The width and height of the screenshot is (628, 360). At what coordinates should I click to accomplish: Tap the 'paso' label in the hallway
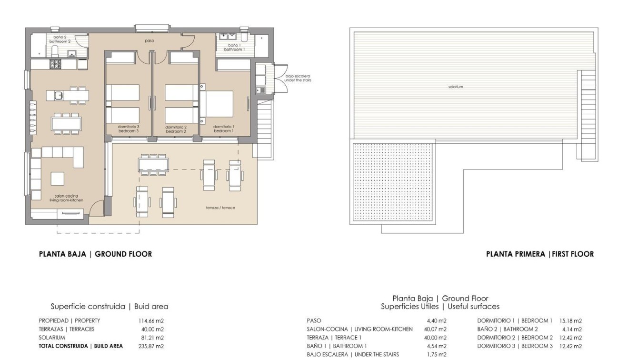(x=149, y=41)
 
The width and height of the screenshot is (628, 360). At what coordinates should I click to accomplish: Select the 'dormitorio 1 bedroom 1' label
(x=223, y=129)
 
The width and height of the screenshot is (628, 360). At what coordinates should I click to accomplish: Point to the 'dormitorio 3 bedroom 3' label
(x=128, y=129)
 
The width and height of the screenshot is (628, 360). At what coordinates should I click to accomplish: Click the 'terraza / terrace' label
(x=220, y=208)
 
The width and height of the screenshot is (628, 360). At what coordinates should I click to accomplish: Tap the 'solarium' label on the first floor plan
(x=455, y=87)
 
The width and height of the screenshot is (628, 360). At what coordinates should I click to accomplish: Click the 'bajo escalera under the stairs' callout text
(x=298, y=78)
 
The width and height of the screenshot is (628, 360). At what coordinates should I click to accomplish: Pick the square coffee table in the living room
(x=58, y=179)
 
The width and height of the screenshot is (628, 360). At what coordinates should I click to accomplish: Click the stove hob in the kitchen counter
(x=55, y=64)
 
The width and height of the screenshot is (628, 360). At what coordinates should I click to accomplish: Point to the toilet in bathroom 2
(x=54, y=50)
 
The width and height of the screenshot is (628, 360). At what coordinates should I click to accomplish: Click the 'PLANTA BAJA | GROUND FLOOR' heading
(x=95, y=254)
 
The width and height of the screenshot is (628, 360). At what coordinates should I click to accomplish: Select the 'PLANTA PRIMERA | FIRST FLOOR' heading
(x=539, y=254)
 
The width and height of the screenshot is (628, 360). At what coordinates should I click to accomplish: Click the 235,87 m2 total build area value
(x=150, y=346)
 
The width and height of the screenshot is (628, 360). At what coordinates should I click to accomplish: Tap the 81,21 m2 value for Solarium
(x=152, y=338)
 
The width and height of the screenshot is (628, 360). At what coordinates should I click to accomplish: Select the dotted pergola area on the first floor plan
(x=393, y=181)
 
